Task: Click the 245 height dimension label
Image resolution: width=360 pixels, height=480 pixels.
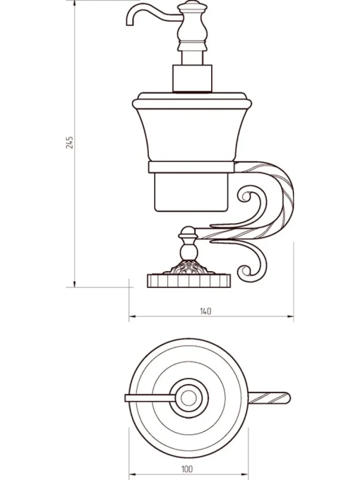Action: pyautogui.click(x=70, y=143)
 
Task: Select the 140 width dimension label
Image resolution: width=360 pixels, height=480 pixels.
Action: pyautogui.click(x=206, y=311)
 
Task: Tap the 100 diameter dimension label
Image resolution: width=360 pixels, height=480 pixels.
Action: pyautogui.click(x=187, y=469)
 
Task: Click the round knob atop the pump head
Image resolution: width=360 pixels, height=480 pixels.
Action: pyautogui.click(x=192, y=4)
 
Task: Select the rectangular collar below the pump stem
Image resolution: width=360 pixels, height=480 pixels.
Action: pyautogui.click(x=192, y=78)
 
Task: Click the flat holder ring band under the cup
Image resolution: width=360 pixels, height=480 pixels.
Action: pyautogui.click(x=191, y=167)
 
